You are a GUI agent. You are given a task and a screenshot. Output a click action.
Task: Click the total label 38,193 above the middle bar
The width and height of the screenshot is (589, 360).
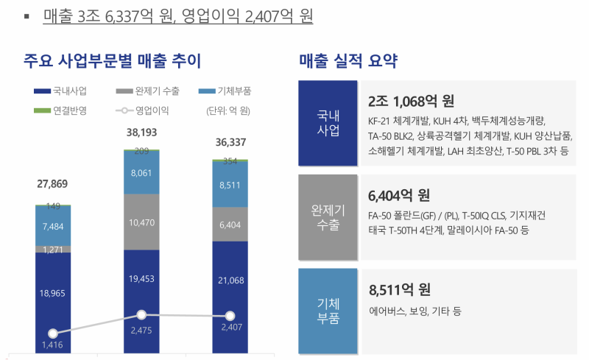point(141,133)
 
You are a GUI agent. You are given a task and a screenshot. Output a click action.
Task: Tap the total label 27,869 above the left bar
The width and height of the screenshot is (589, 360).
point(53,183)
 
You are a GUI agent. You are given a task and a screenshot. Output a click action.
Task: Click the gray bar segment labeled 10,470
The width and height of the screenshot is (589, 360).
point(141,222)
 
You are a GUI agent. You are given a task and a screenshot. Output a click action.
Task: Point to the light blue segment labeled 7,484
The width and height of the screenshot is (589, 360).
point(53,226)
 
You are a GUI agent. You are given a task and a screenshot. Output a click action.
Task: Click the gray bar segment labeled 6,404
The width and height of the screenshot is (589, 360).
point(230,225)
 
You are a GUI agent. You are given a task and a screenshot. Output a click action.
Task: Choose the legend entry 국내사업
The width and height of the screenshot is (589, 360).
point(63,92)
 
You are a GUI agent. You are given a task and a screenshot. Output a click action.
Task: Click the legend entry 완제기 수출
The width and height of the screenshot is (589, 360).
point(147,92)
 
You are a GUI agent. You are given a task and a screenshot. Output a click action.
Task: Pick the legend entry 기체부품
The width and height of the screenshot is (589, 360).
point(228,92)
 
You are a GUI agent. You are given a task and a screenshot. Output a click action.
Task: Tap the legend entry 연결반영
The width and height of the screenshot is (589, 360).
point(63,111)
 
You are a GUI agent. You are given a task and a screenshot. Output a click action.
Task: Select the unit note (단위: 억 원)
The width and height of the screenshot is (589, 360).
point(230,111)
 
